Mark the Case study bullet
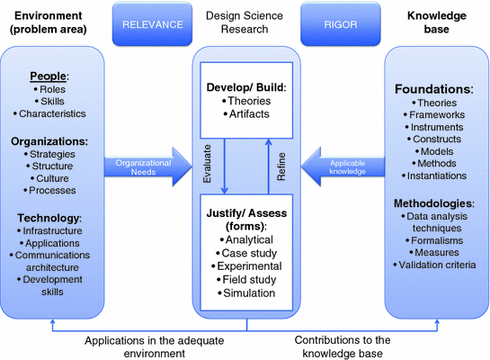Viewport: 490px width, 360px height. tap(245, 254)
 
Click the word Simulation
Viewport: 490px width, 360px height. tap(245, 292)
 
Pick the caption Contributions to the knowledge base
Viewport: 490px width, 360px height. tap(343, 347)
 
